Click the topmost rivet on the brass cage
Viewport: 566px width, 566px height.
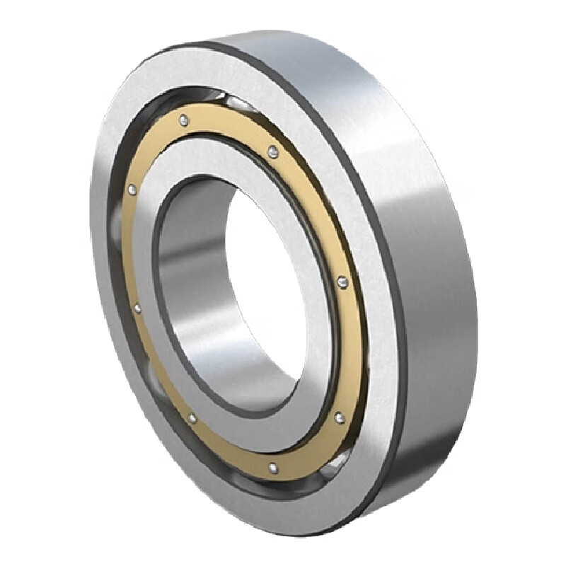[183, 119]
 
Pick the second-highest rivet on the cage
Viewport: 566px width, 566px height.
[272, 149]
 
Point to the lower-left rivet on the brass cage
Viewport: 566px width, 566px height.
[192, 419]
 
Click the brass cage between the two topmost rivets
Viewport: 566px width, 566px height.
[228, 127]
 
